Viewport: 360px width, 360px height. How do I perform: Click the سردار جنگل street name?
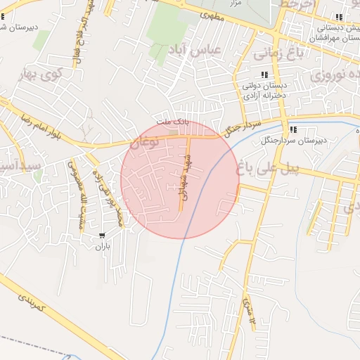[x=241, y=127]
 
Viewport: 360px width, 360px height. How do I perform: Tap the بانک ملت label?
[x=173, y=122]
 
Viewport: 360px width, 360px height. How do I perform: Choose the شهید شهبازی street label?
[x=194, y=180]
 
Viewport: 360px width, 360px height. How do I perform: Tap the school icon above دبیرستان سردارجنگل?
[x=293, y=130]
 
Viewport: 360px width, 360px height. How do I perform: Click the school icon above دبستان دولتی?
[x=264, y=75]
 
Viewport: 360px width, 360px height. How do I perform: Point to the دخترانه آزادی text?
[x=264, y=95]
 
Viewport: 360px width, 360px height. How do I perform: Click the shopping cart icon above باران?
[x=103, y=236]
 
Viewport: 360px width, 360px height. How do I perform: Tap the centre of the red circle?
[x=180, y=180]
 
